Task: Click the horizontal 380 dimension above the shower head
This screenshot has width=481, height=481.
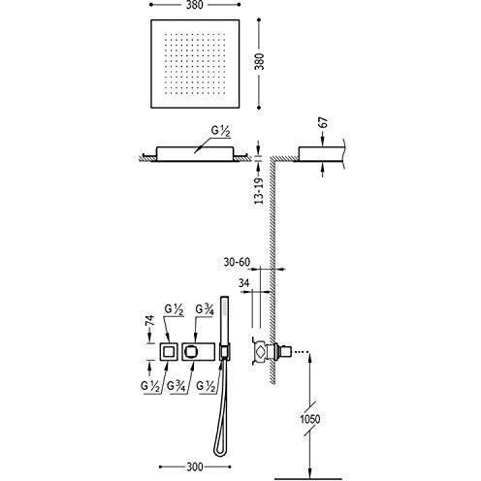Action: [195, 5]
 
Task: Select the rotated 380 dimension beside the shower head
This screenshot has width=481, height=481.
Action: [259, 61]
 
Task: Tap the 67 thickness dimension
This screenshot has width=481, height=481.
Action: [323, 123]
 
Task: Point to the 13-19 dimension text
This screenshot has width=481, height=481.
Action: [259, 191]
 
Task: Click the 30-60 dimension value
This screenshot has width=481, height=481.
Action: [237, 262]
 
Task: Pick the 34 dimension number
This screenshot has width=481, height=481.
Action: [244, 283]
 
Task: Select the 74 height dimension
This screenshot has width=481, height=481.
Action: [150, 321]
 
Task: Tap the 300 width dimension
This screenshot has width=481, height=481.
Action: [195, 466]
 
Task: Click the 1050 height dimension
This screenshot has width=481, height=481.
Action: [310, 419]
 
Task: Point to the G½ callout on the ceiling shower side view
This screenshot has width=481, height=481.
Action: [221, 132]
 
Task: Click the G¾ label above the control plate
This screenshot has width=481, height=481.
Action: [205, 310]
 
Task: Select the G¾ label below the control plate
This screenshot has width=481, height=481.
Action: [176, 386]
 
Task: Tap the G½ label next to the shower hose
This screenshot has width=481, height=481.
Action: [206, 386]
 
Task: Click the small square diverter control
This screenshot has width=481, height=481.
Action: [168, 351]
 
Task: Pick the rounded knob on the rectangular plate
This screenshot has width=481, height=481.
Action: [191, 351]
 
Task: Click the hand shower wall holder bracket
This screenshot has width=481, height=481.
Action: [225, 352]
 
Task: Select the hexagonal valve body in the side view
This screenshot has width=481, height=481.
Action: [261, 350]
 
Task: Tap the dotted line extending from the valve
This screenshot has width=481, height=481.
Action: [301, 351]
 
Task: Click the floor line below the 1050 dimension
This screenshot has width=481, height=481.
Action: [307, 479]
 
